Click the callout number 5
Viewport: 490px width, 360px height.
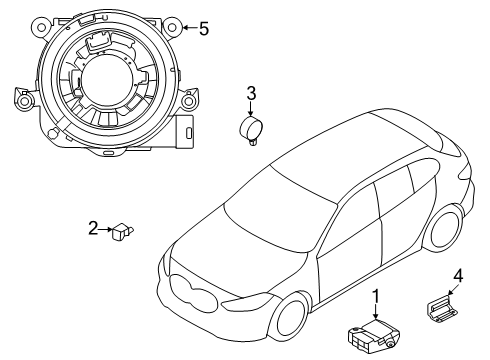pyautogui.click(x=204, y=29)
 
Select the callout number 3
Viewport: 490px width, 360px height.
pyautogui.click(x=252, y=94)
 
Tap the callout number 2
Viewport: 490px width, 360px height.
pyautogui.click(x=92, y=229)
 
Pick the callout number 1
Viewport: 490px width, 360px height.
pyautogui.click(x=376, y=296)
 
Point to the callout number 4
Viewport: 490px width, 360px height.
pyautogui.click(x=458, y=276)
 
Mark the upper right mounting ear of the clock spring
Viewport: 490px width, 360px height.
pyautogui.click(x=174, y=26)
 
